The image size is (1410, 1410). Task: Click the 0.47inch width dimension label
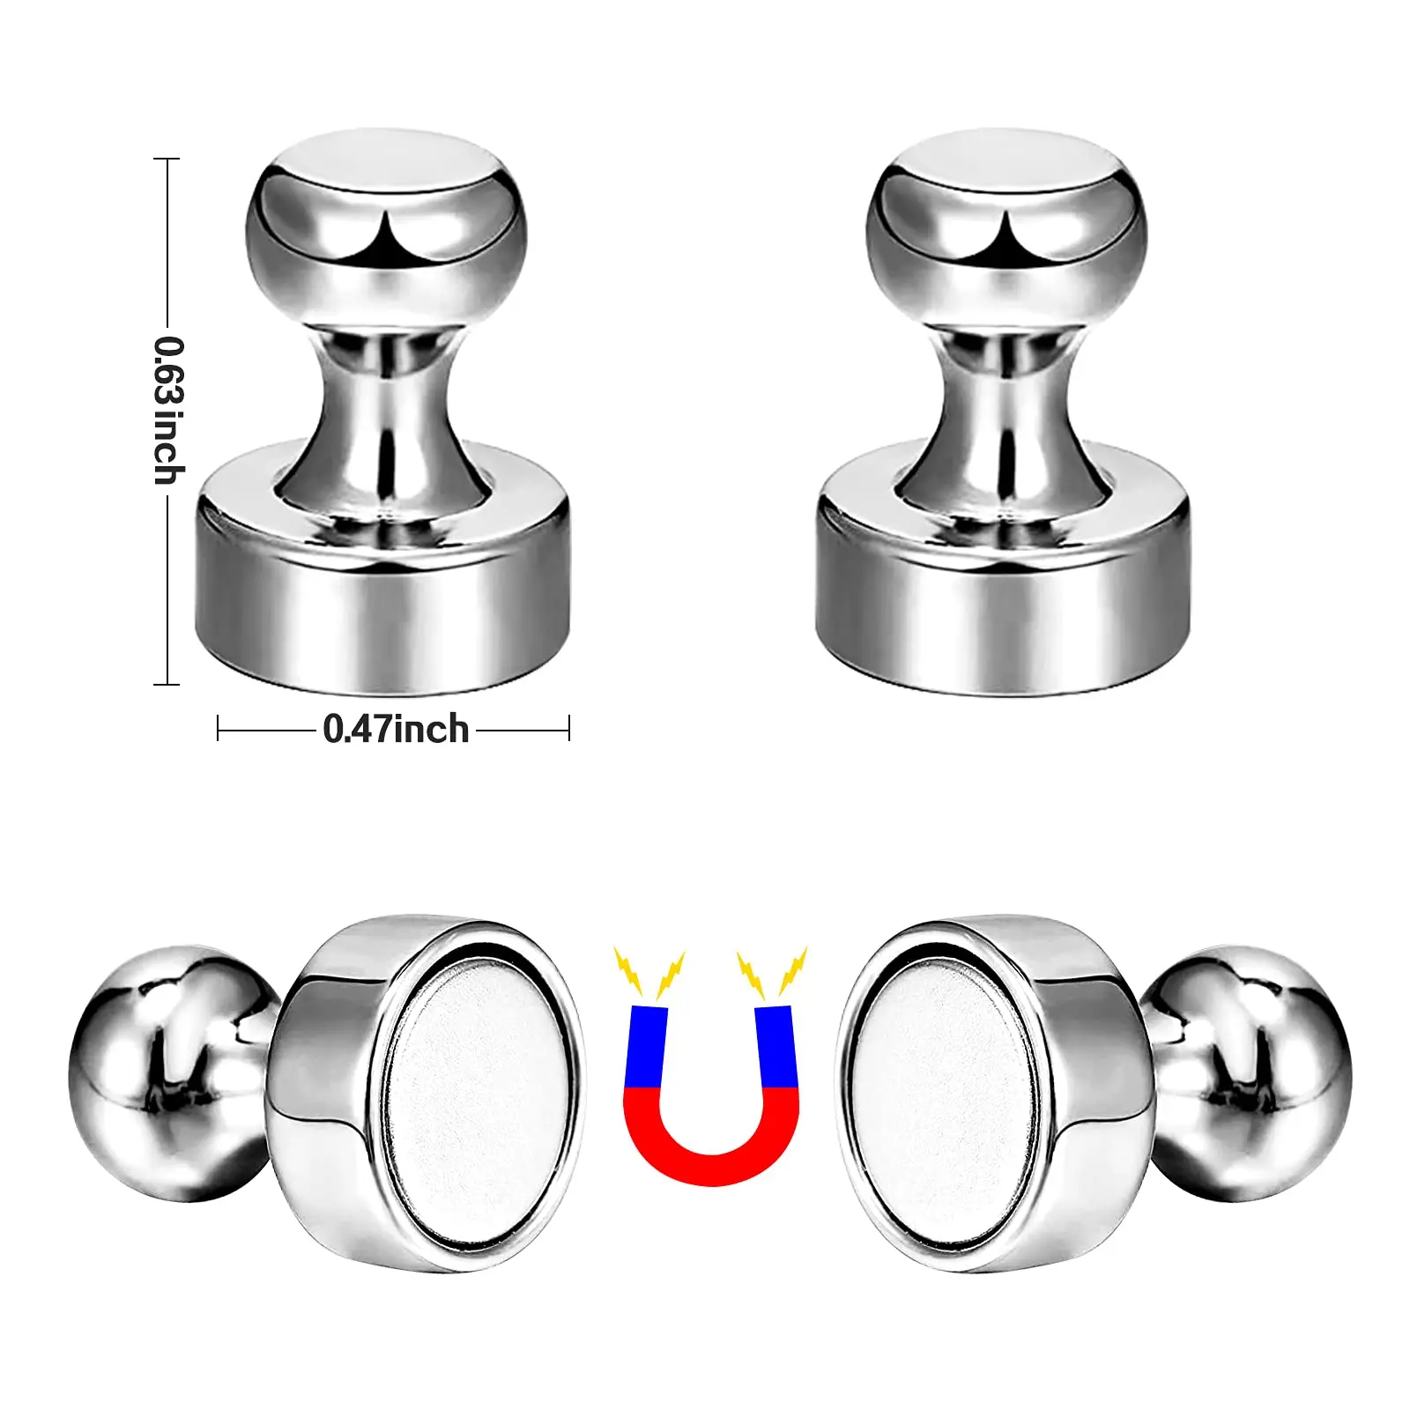(x=396, y=730)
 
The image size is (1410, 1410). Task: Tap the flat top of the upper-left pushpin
(x=382, y=167)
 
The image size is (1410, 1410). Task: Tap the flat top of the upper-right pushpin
(x=1005, y=167)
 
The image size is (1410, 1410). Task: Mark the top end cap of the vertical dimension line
(x=167, y=160)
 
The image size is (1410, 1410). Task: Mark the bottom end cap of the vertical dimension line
(x=167, y=683)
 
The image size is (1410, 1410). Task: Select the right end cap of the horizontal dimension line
(x=568, y=729)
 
